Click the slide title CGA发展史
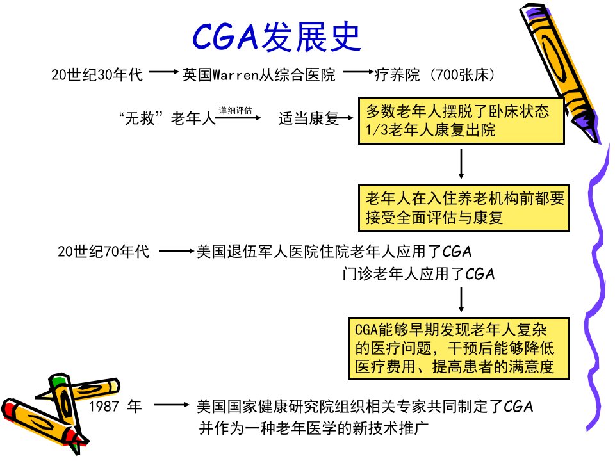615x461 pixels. (277, 36)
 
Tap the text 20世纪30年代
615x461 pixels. (97, 74)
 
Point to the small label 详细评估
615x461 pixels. (235, 111)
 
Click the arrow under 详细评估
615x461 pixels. (238, 118)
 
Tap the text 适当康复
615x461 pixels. (308, 118)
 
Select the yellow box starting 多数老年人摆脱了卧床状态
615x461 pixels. (461, 121)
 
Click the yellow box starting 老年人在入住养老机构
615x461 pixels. (464, 207)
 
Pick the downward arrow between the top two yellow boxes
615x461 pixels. (461, 164)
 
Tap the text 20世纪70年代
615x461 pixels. (103, 251)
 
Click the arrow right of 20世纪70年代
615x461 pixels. (177, 251)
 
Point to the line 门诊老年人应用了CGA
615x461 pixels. (418, 273)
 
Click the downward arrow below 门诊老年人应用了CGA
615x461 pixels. (461, 300)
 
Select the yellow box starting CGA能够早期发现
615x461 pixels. (459, 348)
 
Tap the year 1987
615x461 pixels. (104, 406)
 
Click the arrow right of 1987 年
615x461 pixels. (171, 405)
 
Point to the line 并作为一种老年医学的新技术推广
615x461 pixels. (314, 428)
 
